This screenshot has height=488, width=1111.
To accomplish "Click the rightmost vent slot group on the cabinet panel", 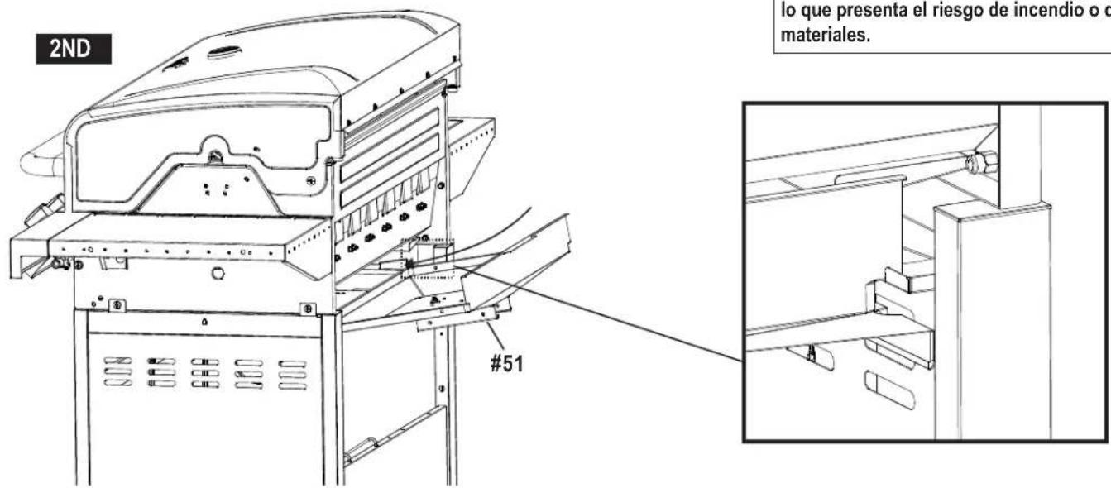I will click(x=291, y=374).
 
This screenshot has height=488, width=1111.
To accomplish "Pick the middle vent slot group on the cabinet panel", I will click(x=205, y=373).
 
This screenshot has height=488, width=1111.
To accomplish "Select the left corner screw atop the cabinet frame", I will click(x=118, y=305).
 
